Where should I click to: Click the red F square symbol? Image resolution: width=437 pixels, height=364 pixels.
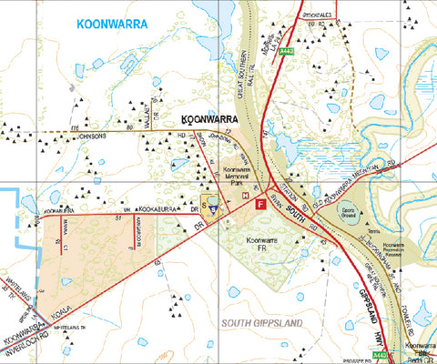[261, 206]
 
